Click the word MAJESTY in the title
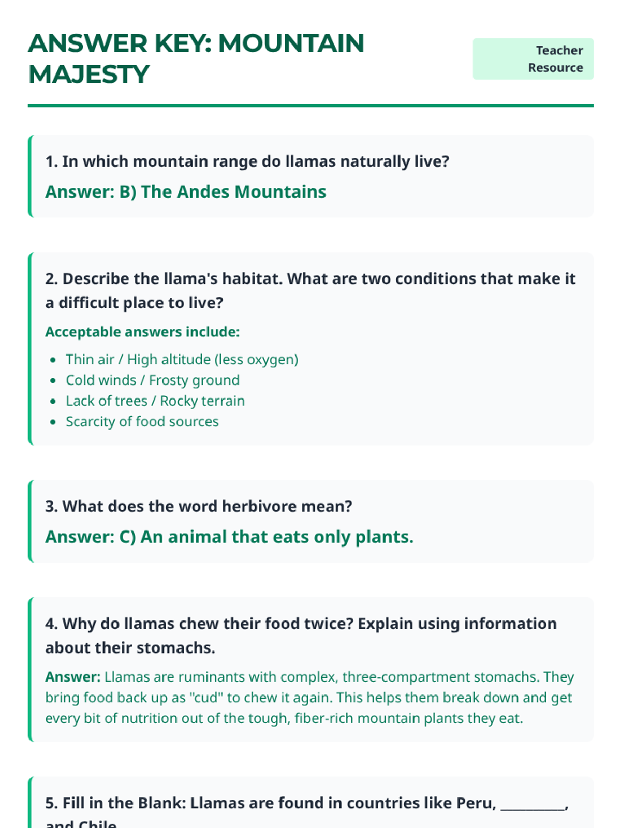(88, 75)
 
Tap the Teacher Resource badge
(533, 59)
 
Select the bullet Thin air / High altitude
(182, 360)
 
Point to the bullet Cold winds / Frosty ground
(152, 380)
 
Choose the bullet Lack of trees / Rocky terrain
(155, 401)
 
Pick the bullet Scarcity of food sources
(142, 422)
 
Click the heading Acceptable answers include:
(142, 332)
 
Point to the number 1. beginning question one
(51, 161)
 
